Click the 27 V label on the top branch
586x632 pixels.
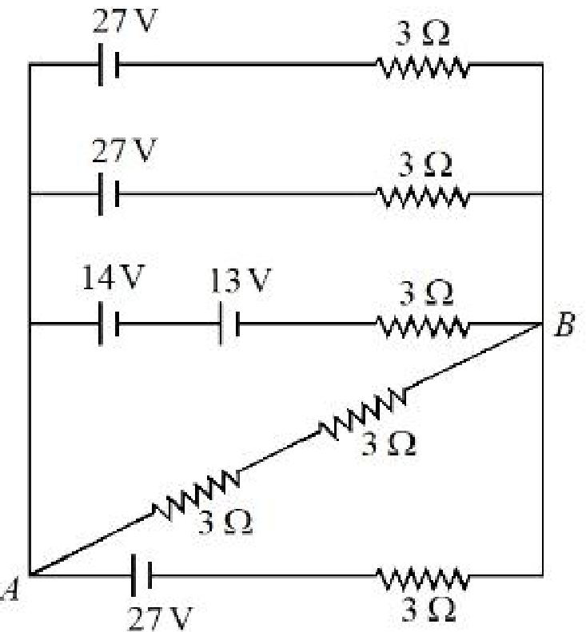tap(125, 21)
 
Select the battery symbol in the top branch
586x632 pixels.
tap(109, 64)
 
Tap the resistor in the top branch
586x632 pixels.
tap(423, 67)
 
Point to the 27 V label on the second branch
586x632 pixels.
tap(124, 150)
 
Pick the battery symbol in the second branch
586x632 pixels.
tap(109, 194)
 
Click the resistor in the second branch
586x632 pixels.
tap(423, 197)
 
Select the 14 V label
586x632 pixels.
tap(114, 277)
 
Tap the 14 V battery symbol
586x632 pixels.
tap(109, 324)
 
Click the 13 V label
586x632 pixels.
tap(241, 280)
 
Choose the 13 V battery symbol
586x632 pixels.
tap(229, 324)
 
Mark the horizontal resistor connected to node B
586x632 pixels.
tap(423, 327)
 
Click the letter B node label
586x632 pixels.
tap(564, 324)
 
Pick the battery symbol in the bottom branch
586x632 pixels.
tap(142, 575)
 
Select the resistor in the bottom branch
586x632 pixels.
tap(423, 578)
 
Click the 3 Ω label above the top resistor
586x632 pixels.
tap(422, 34)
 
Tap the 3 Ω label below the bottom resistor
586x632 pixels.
tap(429, 610)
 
